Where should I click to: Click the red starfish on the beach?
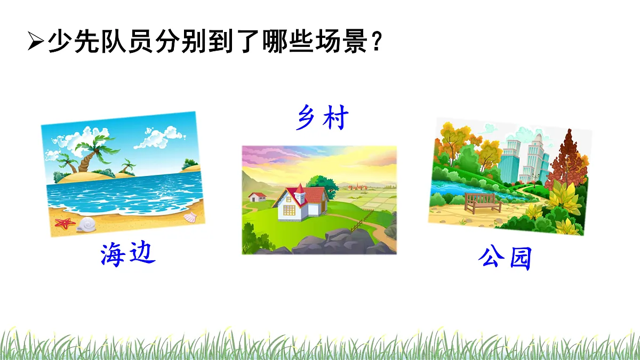[x=65, y=223]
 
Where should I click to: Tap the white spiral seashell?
[x=85, y=225]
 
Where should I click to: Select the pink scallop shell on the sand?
[x=190, y=217]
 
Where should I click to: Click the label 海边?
[x=128, y=254]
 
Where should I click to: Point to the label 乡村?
[x=322, y=118]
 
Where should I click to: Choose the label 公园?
[x=505, y=259]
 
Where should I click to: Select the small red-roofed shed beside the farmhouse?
[x=258, y=196]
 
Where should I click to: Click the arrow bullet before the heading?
[x=35, y=42]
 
